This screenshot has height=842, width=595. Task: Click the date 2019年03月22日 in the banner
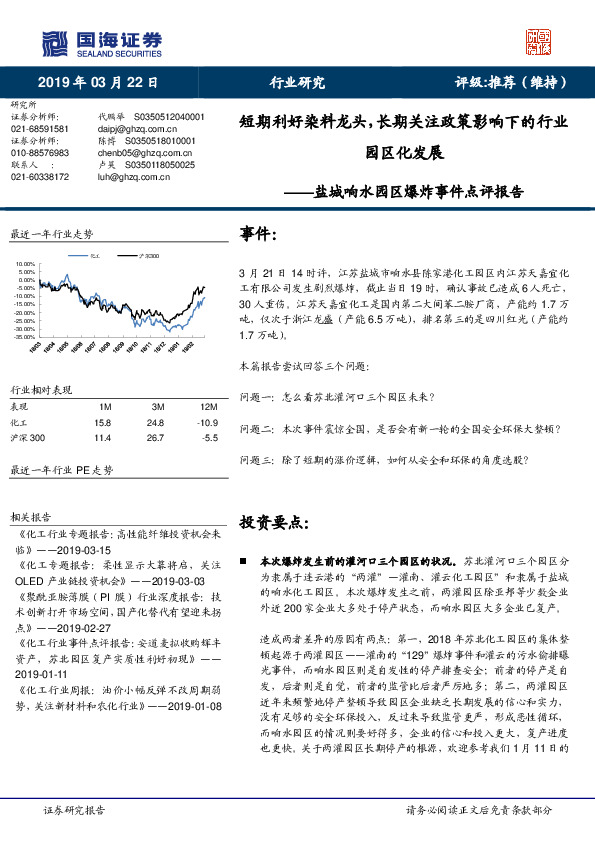coord(99,82)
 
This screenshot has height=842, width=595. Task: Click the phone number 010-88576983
coord(40,153)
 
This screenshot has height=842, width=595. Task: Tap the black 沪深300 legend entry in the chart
coord(148,257)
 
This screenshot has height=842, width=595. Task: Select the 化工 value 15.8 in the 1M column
coord(104,421)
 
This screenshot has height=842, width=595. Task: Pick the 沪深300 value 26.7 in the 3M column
coord(157,437)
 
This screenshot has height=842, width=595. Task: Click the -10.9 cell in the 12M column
coord(208,421)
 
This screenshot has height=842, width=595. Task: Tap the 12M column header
coord(208,406)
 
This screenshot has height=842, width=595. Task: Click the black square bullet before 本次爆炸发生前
coord(246,563)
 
